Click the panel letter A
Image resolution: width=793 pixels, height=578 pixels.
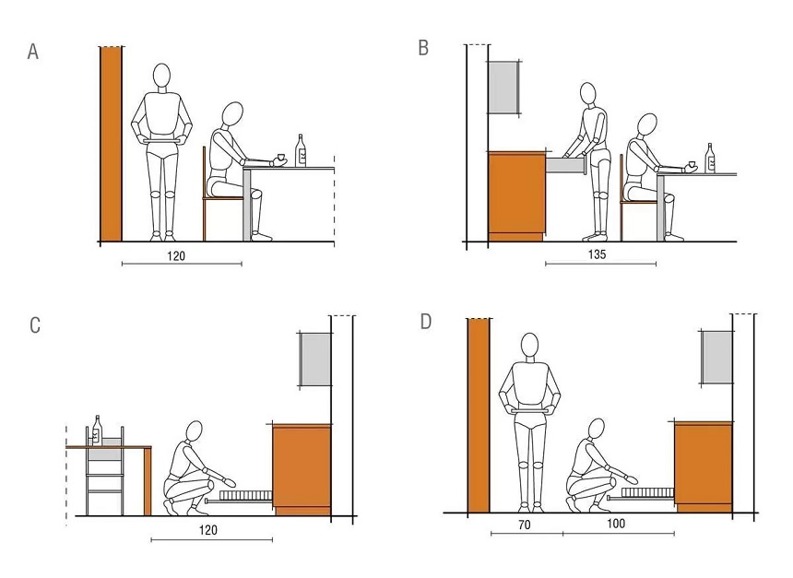coord(33,52)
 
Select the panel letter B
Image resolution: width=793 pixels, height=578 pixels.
coord(423,48)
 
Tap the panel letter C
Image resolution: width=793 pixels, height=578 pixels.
coord(35,325)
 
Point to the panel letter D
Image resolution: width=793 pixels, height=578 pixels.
coord(426,321)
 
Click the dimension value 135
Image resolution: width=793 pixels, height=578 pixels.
coord(597,254)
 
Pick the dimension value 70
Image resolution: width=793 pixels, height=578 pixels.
coord(525,525)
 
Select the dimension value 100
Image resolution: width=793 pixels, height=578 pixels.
coord(616,524)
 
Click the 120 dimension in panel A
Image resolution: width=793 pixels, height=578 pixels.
coord(176,256)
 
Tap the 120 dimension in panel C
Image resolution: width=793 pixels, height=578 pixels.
coord(207,530)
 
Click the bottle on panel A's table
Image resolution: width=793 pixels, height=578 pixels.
coord(301,150)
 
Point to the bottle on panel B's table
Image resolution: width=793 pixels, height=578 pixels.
coord(711,158)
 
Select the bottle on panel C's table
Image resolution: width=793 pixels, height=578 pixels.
coord(97,431)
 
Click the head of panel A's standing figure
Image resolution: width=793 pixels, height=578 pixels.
coord(162,76)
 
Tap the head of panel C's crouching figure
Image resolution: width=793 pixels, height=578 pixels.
coord(195,432)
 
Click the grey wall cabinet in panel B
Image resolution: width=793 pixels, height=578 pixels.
coord(504,87)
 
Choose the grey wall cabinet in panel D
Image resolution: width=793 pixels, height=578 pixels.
coord(716,357)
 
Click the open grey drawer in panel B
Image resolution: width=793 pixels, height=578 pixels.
coord(565,165)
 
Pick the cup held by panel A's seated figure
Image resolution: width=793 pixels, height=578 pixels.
coord(280,158)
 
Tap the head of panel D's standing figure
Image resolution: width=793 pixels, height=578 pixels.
coord(529,345)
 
